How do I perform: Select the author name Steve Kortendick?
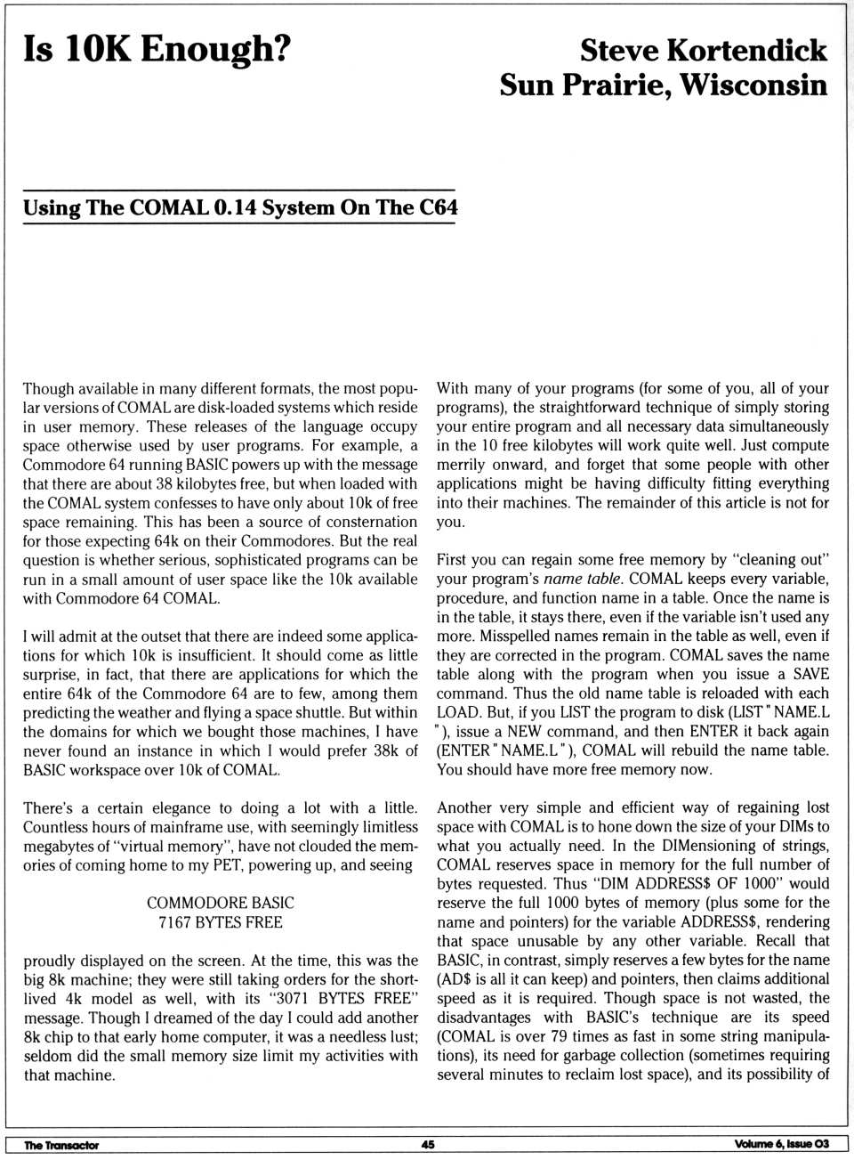[x=703, y=50]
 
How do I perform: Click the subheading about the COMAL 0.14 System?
[x=240, y=208]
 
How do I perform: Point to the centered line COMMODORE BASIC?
[x=221, y=903]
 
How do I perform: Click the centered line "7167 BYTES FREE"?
[x=221, y=922]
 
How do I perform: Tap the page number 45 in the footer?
[x=428, y=1145]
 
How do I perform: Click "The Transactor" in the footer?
[x=61, y=1145]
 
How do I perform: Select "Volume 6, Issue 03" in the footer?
[x=782, y=1144]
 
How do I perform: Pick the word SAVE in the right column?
[x=810, y=674]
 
